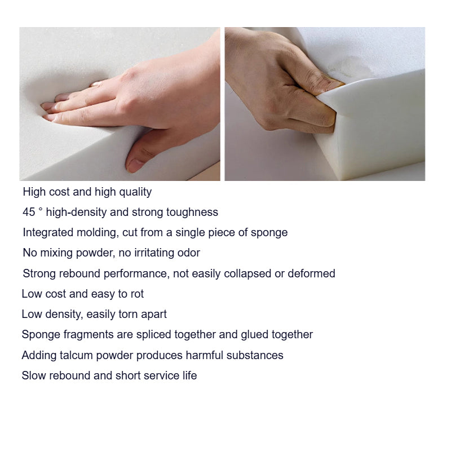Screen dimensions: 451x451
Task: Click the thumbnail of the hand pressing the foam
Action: coord(120,104)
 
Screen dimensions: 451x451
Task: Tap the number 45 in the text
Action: coord(29,212)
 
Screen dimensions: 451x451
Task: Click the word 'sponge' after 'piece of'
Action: coord(269,233)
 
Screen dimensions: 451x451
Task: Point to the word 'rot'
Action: coord(137,294)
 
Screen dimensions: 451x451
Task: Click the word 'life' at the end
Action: coord(189,375)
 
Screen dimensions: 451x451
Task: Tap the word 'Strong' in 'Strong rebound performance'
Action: coord(39,274)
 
